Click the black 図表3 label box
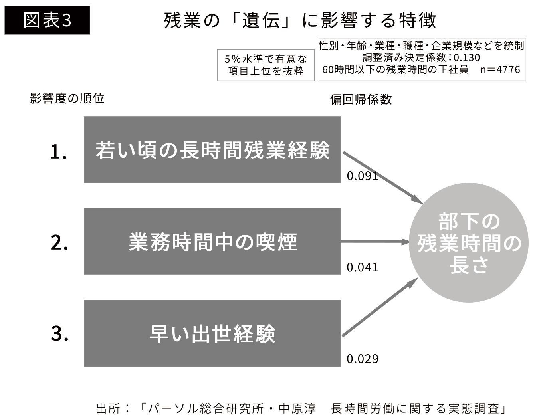click(47, 20)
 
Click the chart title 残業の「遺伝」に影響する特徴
click(300, 20)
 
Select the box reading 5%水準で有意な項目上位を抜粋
click(266, 65)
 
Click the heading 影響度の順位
click(67, 98)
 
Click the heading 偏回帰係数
click(361, 99)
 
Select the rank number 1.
click(58, 152)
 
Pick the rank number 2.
click(59, 242)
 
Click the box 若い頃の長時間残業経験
click(212, 150)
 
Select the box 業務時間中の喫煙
click(212, 241)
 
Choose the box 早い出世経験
click(212, 333)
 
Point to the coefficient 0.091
click(362, 176)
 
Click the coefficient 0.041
click(362, 267)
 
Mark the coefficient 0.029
click(362, 359)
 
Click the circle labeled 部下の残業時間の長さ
click(470, 243)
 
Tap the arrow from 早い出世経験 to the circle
click(379, 308)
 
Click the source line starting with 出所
click(302, 408)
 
